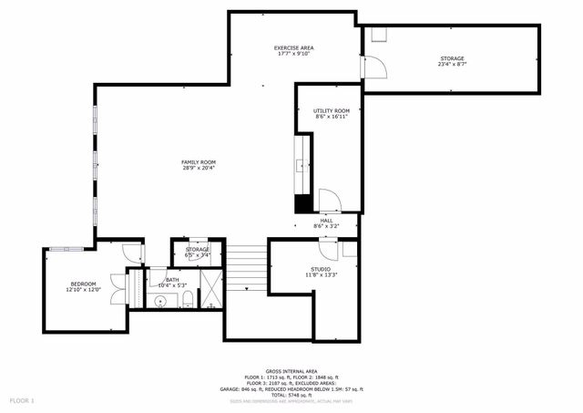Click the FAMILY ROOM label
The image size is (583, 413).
(x=198, y=162)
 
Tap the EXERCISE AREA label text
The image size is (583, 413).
(x=293, y=47)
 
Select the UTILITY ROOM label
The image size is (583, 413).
(x=332, y=110)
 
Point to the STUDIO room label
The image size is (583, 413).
(x=320, y=269)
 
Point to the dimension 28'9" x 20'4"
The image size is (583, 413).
(x=198, y=169)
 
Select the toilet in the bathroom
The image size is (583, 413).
(x=186, y=300)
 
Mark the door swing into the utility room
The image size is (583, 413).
(x=328, y=202)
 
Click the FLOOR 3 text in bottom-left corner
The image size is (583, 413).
(x=21, y=400)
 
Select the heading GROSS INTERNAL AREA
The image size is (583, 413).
(x=291, y=371)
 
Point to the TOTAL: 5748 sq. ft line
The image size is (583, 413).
(x=291, y=395)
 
